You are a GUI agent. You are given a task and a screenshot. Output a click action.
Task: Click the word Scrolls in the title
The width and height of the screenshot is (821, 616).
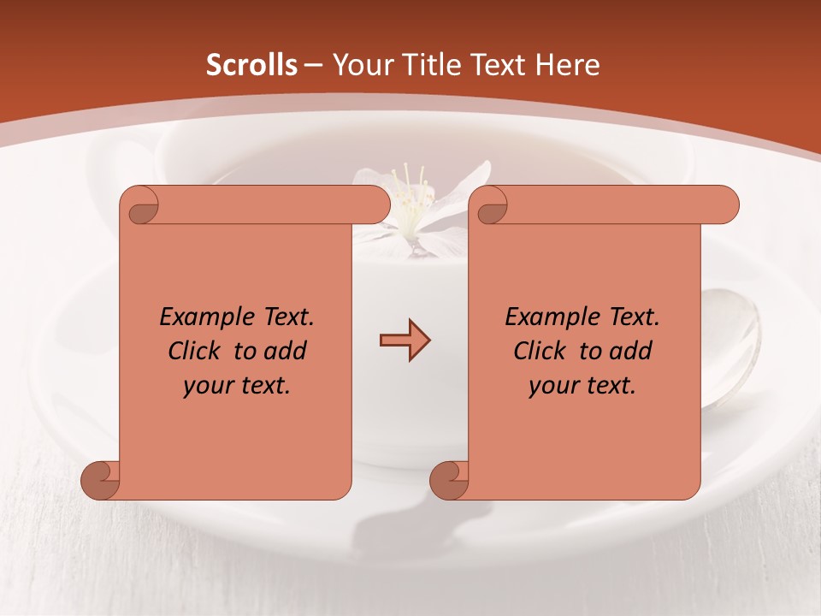[251, 65]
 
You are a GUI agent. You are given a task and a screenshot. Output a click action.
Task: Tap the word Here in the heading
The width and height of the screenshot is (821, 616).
[568, 65]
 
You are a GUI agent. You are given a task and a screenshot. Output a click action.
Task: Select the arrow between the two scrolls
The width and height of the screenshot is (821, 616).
[405, 341]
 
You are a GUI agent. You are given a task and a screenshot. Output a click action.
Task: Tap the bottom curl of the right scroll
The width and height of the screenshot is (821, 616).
[450, 479]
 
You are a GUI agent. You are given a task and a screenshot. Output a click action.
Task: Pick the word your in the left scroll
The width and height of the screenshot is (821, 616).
[204, 387]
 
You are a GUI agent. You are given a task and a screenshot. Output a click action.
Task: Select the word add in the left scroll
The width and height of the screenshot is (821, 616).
[285, 351]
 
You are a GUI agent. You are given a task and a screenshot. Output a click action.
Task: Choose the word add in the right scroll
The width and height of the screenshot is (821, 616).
[630, 351]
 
